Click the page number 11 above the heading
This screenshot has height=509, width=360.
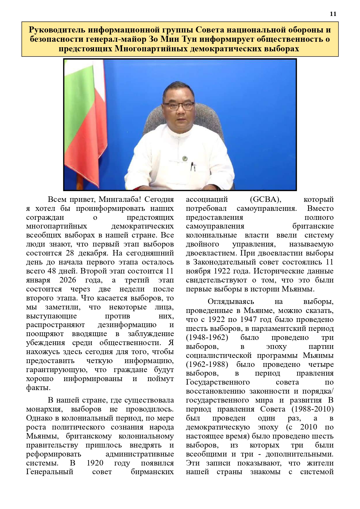(333, 14)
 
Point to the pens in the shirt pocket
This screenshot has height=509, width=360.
(193, 166)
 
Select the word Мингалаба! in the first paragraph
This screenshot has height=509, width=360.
(120, 200)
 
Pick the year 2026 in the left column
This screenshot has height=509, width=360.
(68, 280)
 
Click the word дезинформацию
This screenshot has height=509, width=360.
(127, 325)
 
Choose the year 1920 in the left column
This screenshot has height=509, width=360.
(95, 463)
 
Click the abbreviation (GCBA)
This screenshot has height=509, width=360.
(265, 200)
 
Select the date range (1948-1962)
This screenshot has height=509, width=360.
(207, 338)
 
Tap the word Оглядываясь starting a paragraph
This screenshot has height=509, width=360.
(231, 302)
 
